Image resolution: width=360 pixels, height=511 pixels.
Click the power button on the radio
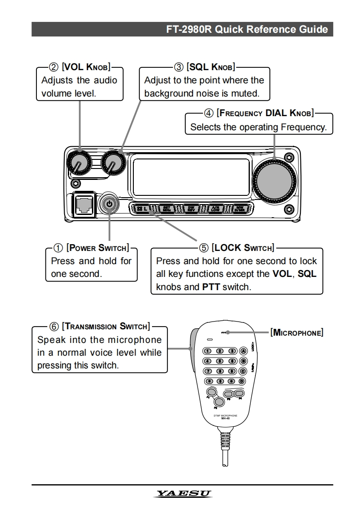109,204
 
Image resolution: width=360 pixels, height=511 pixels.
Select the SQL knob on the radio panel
112,162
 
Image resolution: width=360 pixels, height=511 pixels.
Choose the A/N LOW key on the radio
215,209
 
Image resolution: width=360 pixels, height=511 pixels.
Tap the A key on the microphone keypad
243,351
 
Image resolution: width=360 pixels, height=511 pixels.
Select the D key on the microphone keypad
242,381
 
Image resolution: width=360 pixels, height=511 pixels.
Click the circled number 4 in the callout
210,113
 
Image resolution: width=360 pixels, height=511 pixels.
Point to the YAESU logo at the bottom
184,494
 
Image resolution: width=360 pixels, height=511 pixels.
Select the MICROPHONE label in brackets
297,332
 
